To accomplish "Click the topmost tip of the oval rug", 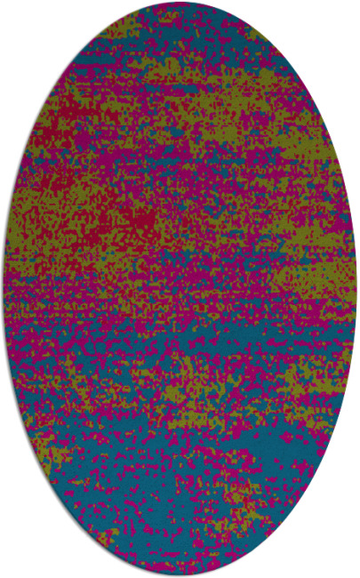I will coord(180,4).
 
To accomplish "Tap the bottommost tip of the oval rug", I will coord(180,574).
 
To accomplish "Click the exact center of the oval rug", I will coord(180,289).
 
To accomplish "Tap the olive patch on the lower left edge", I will coord(44,454).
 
